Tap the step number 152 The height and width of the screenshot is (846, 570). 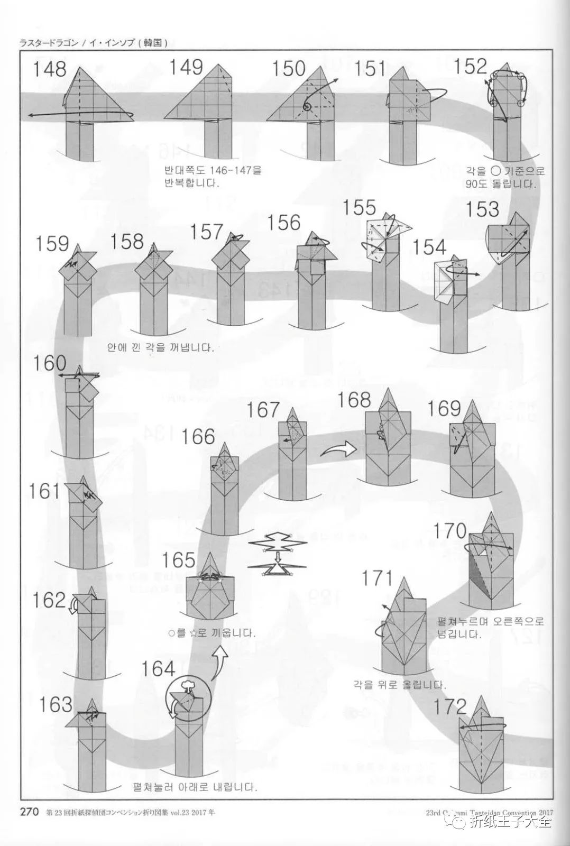tap(470, 66)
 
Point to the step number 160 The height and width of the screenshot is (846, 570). tap(50, 364)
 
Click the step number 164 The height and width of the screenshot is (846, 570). tap(158, 669)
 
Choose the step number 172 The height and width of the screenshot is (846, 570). tap(451, 706)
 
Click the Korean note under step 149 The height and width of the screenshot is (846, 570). tap(213, 177)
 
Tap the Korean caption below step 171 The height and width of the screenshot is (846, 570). tap(400, 684)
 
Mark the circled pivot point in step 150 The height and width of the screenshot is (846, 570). tap(307, 107)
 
